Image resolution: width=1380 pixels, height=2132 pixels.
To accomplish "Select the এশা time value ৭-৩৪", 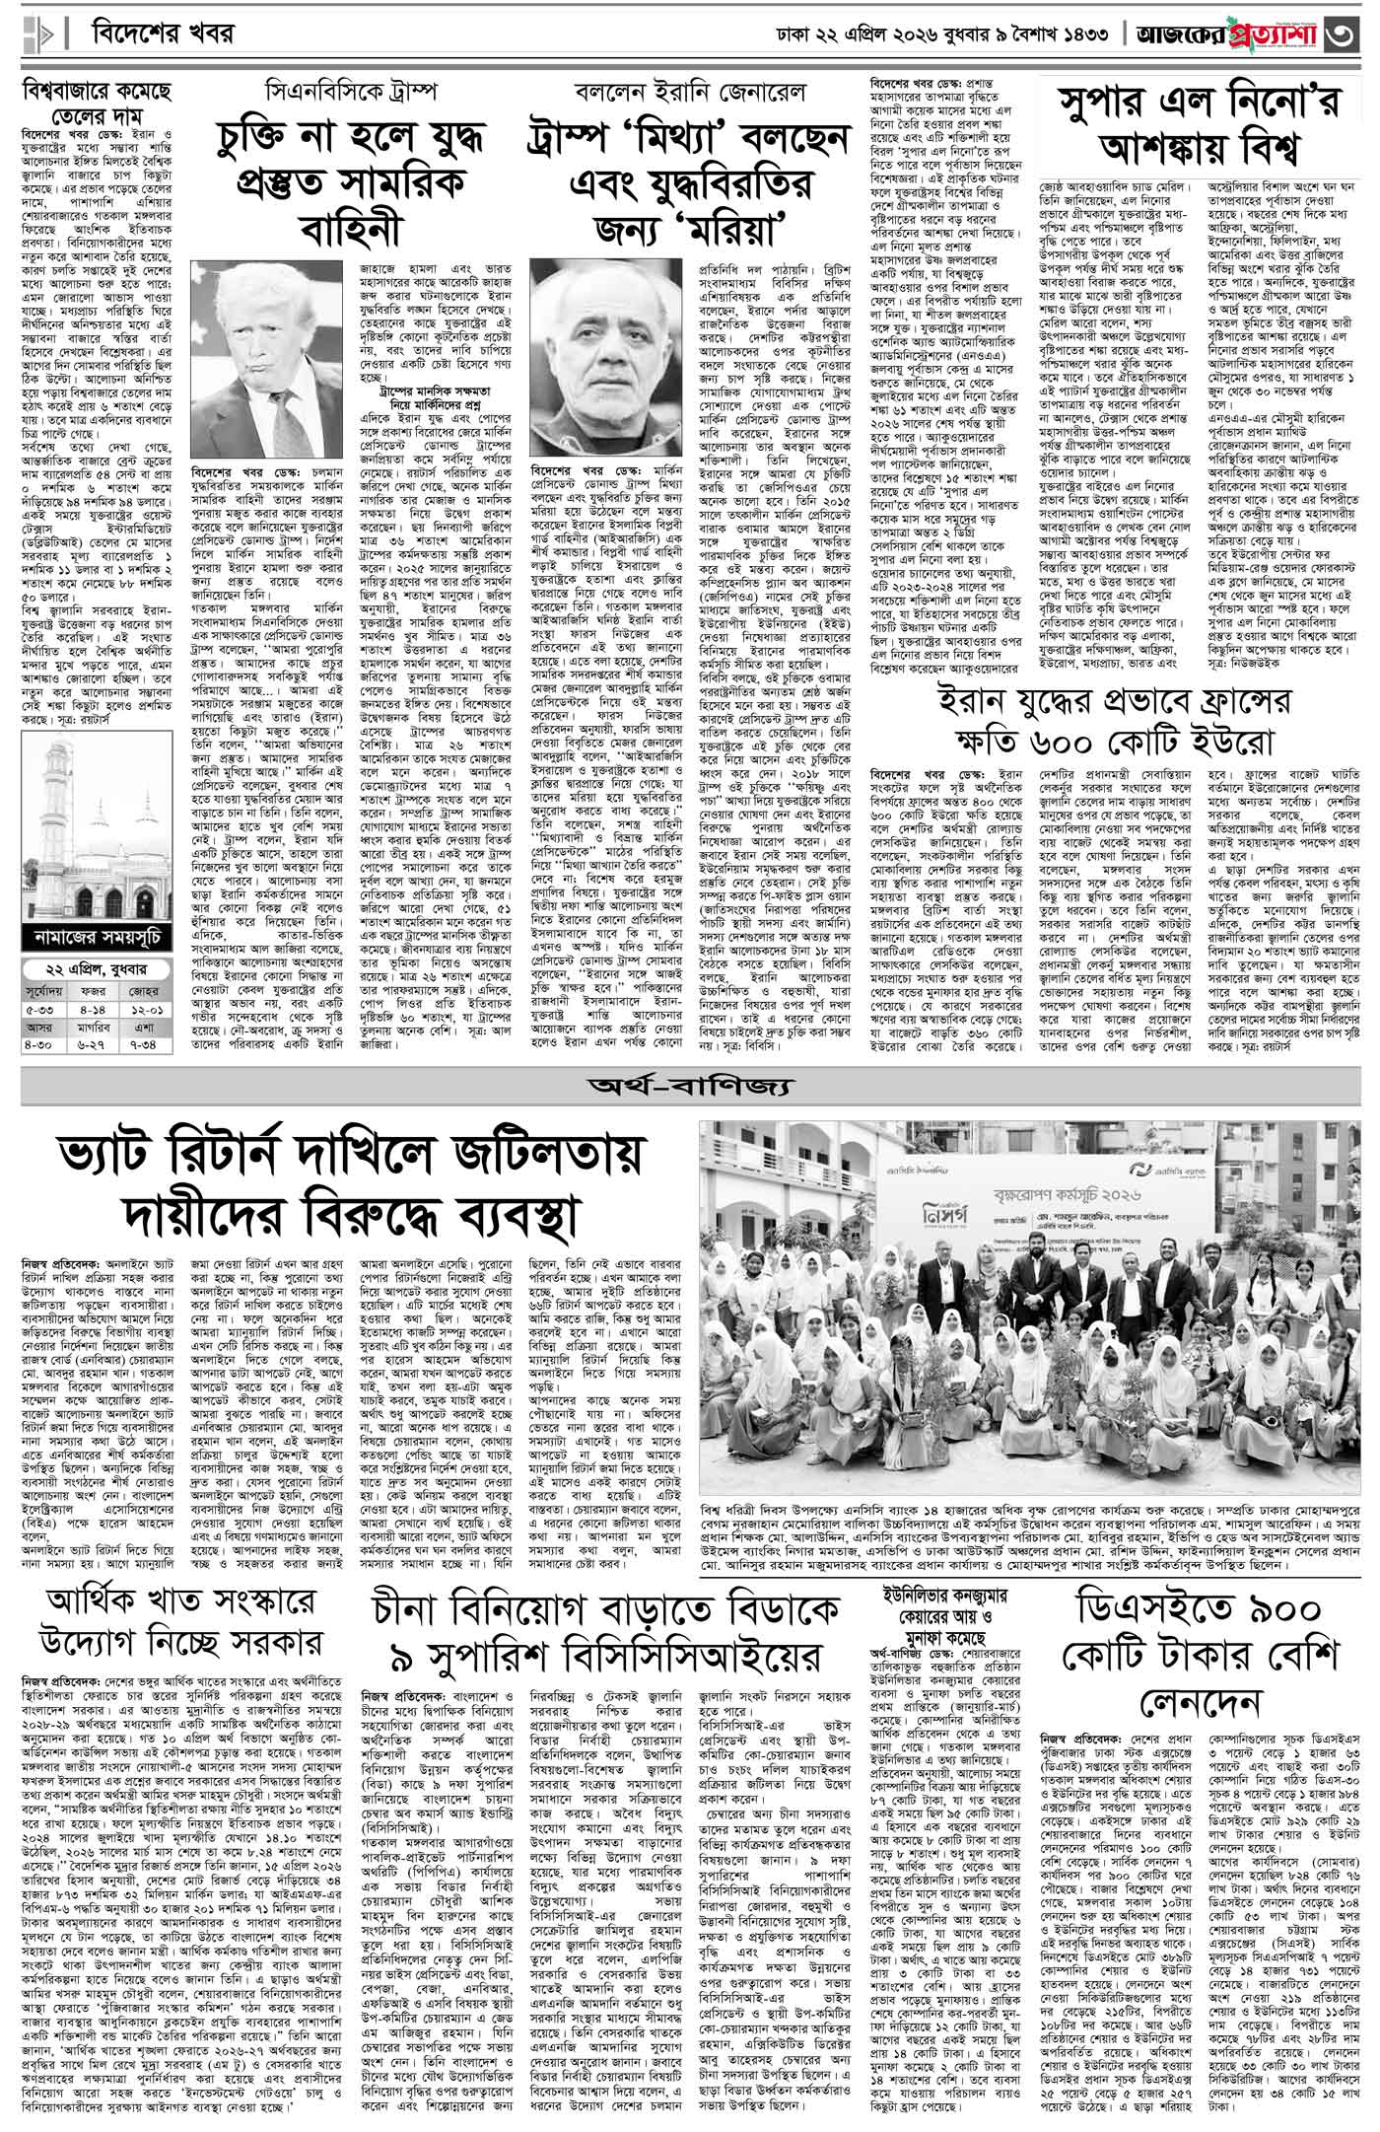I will [x=147, y=1043].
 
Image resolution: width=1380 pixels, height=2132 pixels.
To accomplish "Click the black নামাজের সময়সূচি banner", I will [x=98, y=959].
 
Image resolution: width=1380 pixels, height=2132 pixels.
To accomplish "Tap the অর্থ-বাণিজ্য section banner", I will [x=690, y=1088].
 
